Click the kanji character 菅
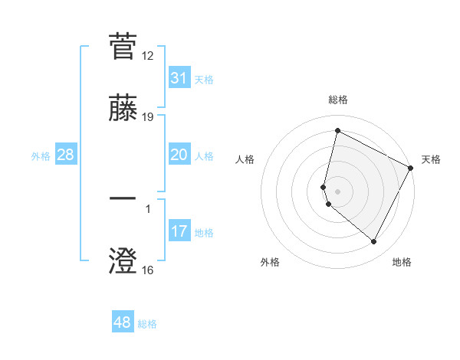[x=123, y=47]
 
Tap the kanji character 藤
[x=123, y=108]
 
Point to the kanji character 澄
[x=123, y=260]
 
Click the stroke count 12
[x=148, y=56]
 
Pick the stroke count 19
[x=148, y=117]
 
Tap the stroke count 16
[x=148, y=270]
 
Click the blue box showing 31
[x=179, y=78]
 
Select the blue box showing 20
[x=179, y=155]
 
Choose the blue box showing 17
[x=179, y=231]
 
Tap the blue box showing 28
[x=66, y=155]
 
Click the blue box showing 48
[x=123, y=322]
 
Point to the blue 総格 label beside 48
[x=148, y=324]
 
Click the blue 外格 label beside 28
[x=41, y=156]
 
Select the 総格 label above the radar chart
[x=338, y=100]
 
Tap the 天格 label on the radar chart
[x=431, y=159]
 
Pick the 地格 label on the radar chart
[x=402, y=262]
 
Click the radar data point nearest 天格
[x=411, y=167]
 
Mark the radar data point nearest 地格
[x=374, y=242]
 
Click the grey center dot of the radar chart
[x=337, y=191]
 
